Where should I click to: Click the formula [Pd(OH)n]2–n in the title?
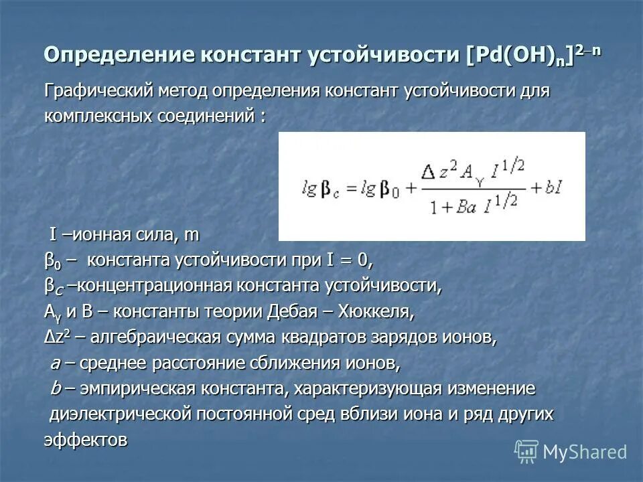(x=533, y=55)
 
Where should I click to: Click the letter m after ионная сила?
(x=192, y=235)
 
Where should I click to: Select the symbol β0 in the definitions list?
(x=52, y=260)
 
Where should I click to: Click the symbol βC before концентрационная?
(x=54, y=287)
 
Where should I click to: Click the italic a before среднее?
(x=56, y=364)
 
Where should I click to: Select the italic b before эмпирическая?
(x=56, y=389)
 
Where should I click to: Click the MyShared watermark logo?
(x=571, y=452)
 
